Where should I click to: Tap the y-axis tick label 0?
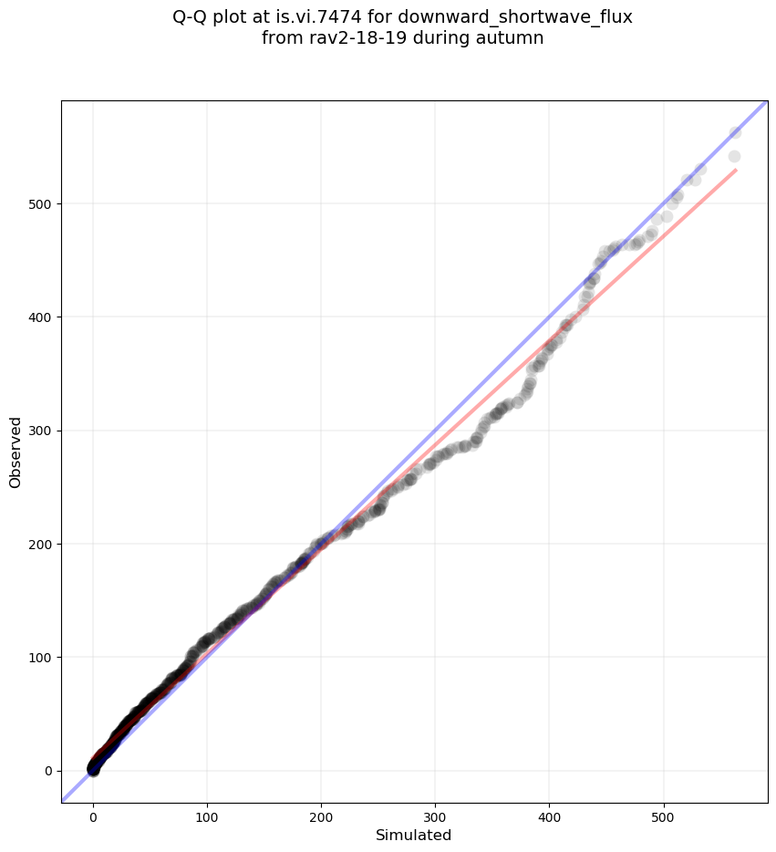(x=47, y=771)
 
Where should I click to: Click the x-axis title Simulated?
(x=414, y=835)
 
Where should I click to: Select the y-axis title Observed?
(x=16, y=452)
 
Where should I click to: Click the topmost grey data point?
(x=735, y=133)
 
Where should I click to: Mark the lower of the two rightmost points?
(x=734, y=157)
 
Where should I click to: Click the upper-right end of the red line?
(x=736, y=170)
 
